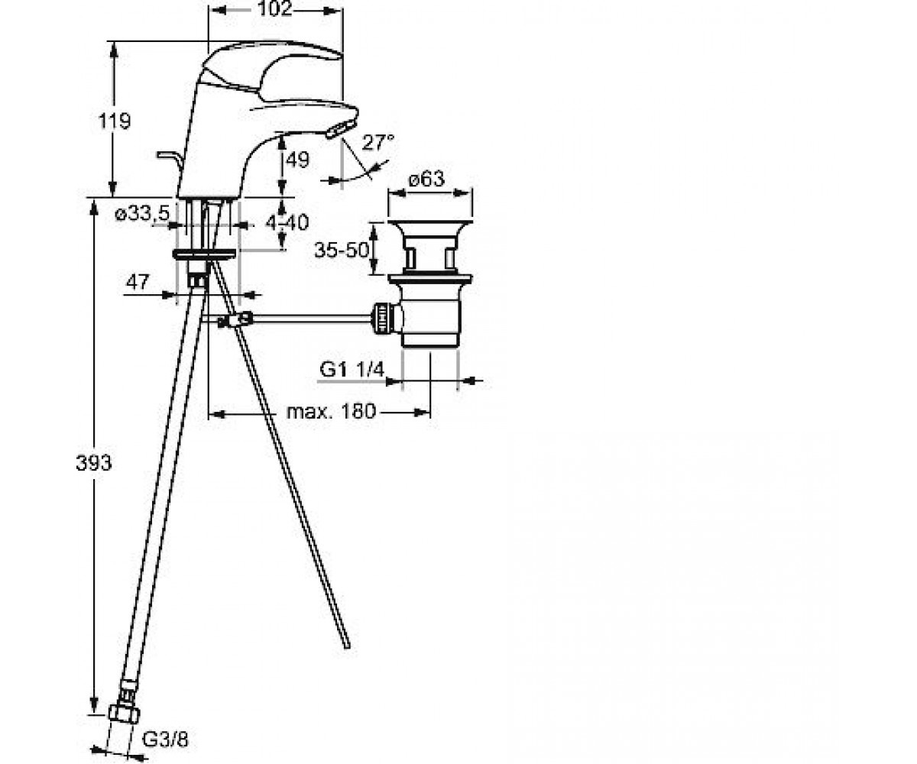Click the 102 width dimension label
(275, 8)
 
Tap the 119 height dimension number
(114, 121)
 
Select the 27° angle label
(378, 143)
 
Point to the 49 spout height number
(297, 160)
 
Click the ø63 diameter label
(426, 179)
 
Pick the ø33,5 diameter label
(142, 214)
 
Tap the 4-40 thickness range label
(287, 222)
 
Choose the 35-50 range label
(342, 251)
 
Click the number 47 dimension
(138, 282)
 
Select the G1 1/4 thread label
(352, 370)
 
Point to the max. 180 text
(331, 412)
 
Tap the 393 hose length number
(94, 463)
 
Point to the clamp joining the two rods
(236, 319)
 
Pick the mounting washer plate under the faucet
(205, 254)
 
